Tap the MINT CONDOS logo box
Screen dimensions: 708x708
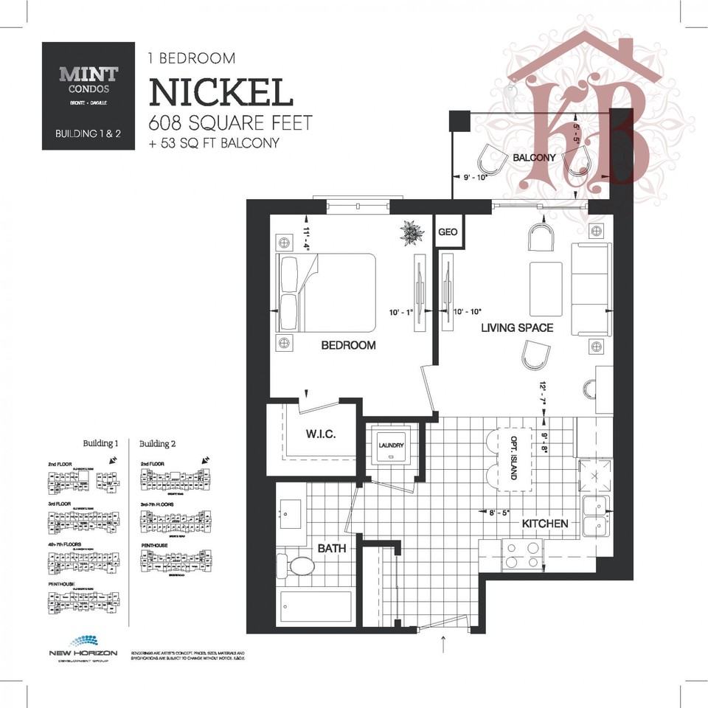[x=88, y=95]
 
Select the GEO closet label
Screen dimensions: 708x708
[x=448, y=232]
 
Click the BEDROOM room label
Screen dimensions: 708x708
[x=348, y=345]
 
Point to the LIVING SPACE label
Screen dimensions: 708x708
[x=517, y=327]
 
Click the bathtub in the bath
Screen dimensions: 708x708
[x=316, y=606]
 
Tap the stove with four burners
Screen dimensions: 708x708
[x=521, y=553]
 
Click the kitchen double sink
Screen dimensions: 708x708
[x=594, y=516]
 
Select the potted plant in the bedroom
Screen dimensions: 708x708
[x=412, y=233]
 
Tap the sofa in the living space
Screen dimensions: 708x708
[x=591, y=288]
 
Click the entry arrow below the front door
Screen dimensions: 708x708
[x=443, y=645]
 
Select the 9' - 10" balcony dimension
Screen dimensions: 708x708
[x=476, y=177]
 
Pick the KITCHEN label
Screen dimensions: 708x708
[x=545, y=524]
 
